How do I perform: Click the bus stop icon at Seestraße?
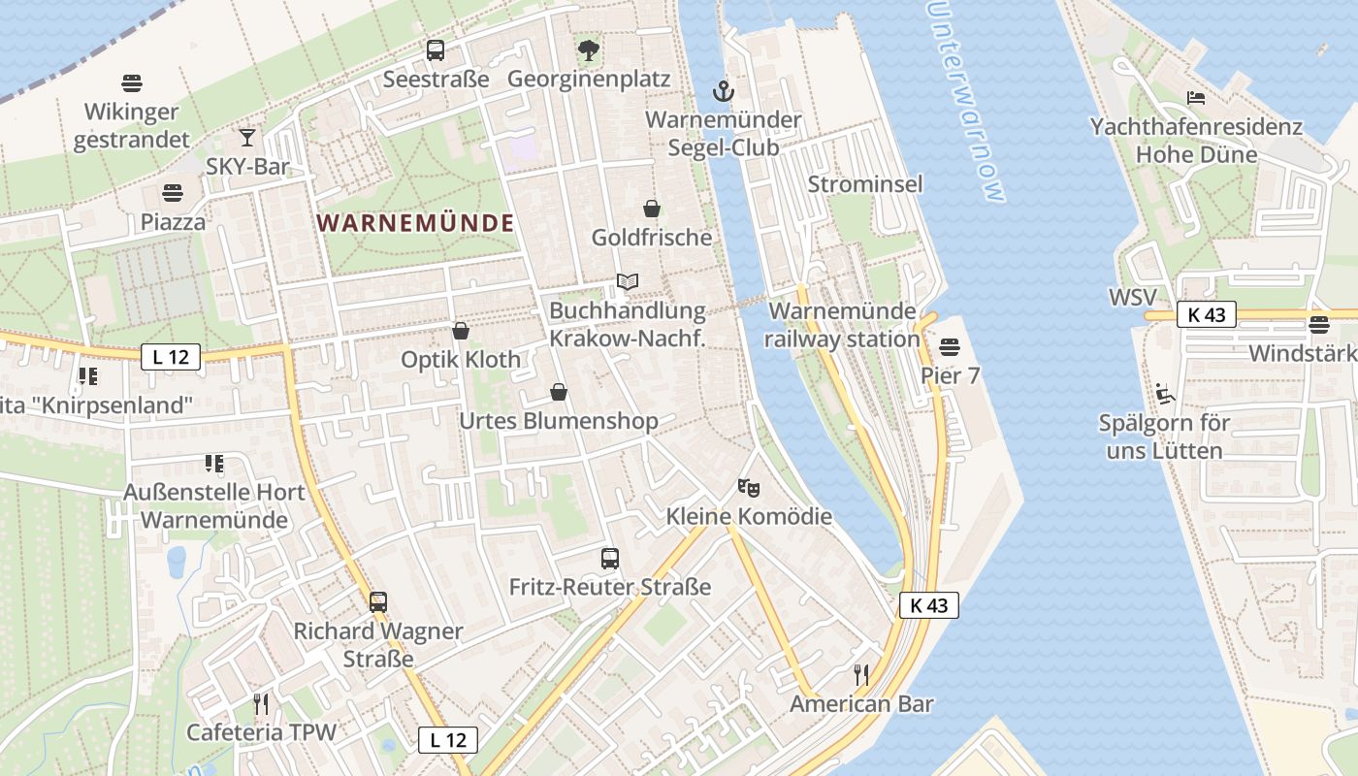[436, 50]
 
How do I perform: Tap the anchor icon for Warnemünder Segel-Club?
[722, 92]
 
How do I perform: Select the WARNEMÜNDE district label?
[415, 223]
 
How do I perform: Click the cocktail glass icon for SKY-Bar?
[247, 138]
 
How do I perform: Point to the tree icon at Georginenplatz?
[588, 50]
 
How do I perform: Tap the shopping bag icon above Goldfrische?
[652, 209]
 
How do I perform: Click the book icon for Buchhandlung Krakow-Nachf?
[628, 282]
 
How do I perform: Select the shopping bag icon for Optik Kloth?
[461, 332]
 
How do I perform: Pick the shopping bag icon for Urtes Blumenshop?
[559, 392]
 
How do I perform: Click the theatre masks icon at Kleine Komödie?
[748, 487]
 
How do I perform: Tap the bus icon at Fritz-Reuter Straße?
[610, 559]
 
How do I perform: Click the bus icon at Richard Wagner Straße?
[378, 602]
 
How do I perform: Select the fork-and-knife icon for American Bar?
[860, 674]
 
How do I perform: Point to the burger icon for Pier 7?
[950, 346]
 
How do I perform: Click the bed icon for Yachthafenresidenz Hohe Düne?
[1196, 98]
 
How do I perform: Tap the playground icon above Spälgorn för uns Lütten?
[1164, 394]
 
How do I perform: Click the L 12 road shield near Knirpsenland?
[171, 357]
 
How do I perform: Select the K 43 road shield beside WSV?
[1207, 314]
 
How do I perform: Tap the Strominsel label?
[865, 184]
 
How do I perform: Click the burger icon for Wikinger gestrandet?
[132, 83]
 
